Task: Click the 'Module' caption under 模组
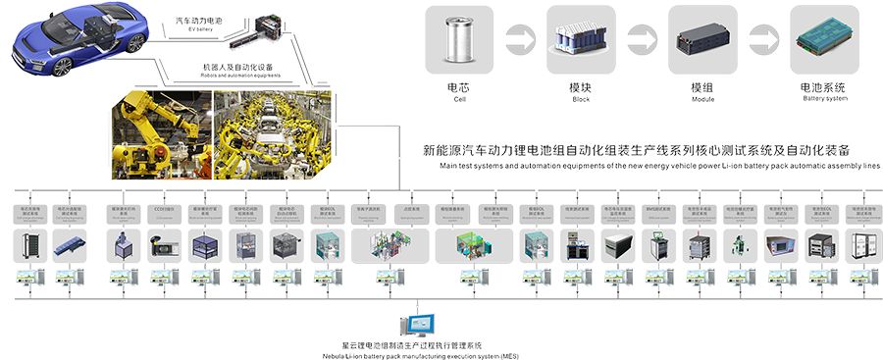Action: coord(701,99)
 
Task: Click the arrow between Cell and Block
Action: coord(519,37)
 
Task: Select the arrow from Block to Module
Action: coord(640,37)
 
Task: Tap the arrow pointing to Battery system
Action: coord(762,37)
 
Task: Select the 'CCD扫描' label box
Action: coord(163,209)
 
